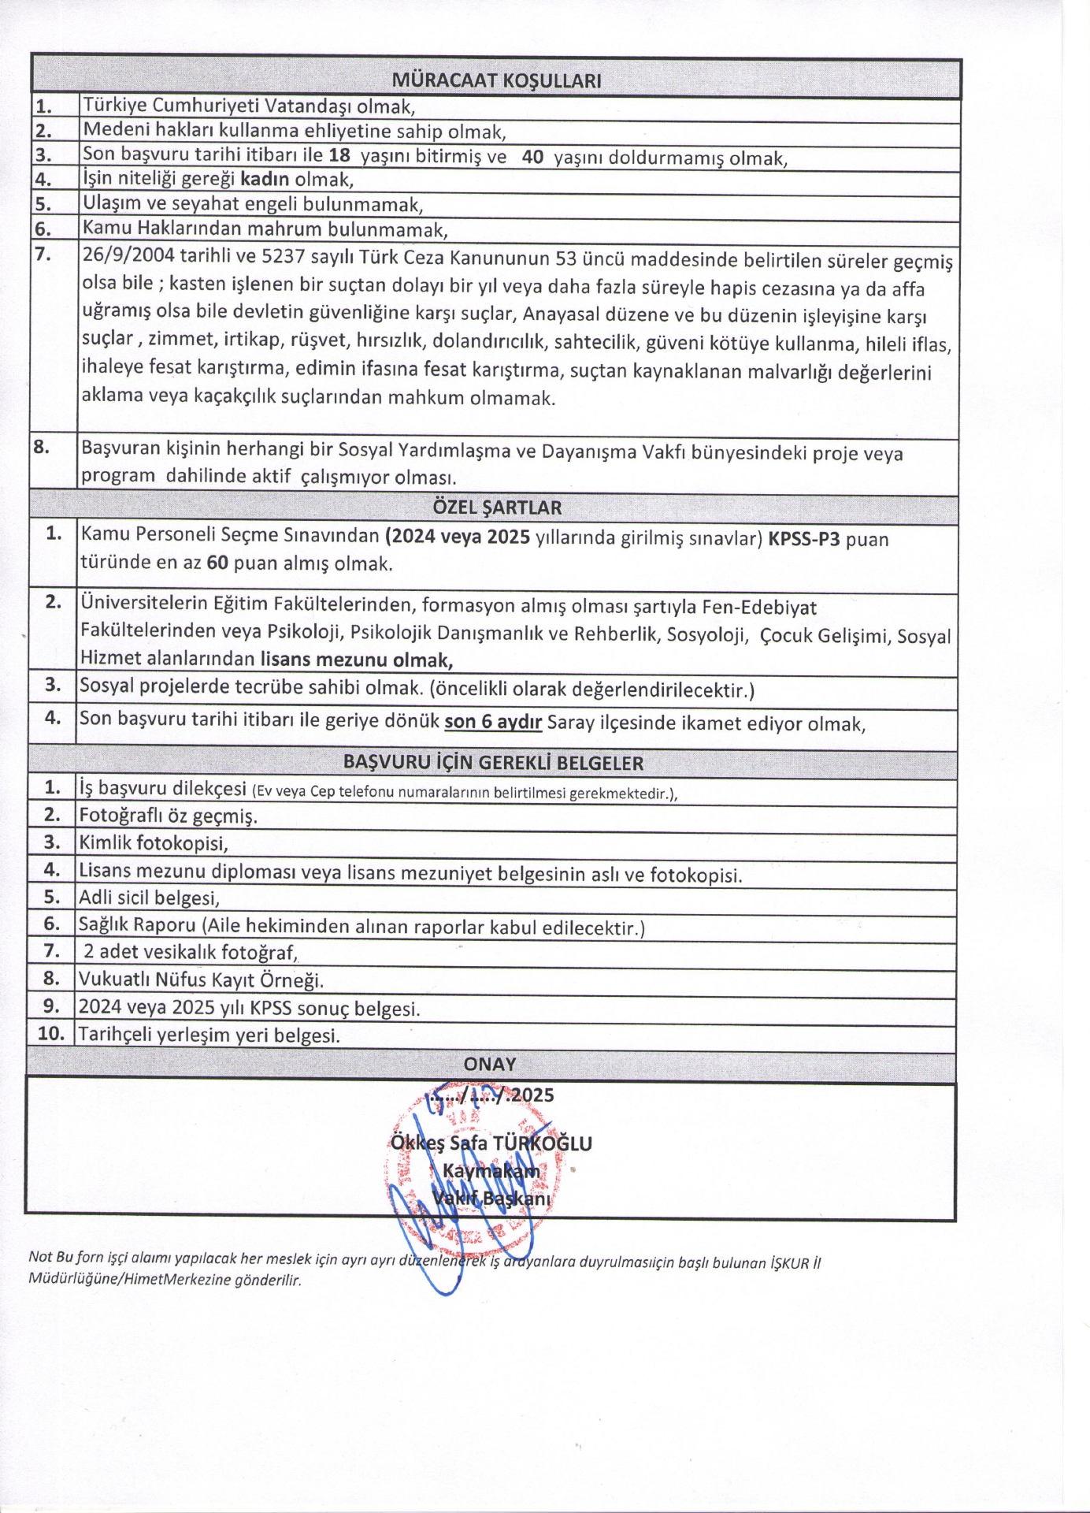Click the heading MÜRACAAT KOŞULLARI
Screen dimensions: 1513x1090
496,80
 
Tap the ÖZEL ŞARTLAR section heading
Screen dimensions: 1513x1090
497,508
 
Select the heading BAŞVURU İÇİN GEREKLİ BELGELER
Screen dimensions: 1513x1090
493,763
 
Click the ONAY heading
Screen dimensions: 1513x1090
490,1064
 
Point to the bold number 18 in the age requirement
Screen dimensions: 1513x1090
339,155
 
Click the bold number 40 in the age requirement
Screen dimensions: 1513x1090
532,157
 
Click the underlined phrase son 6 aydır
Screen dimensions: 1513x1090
493,722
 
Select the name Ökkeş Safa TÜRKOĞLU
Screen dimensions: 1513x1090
491,1143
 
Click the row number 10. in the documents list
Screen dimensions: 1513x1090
50,1033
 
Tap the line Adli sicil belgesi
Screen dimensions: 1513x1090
149,898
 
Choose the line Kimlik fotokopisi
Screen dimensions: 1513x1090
154,843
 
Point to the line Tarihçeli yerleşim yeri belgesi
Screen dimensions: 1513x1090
209,1035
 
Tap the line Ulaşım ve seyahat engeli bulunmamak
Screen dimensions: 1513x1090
253,205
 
